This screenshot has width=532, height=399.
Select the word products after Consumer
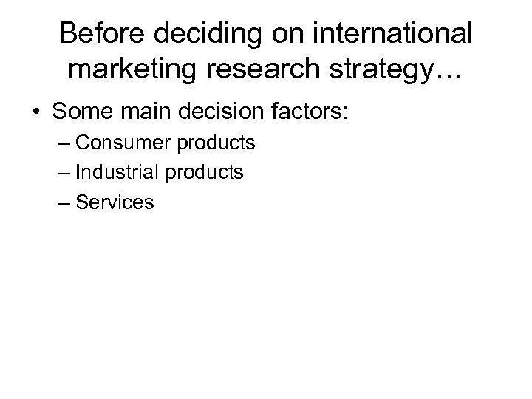pyautogui.click(x=214, y=143)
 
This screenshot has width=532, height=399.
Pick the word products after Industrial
pyautogui.click(x=202, y=172)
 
